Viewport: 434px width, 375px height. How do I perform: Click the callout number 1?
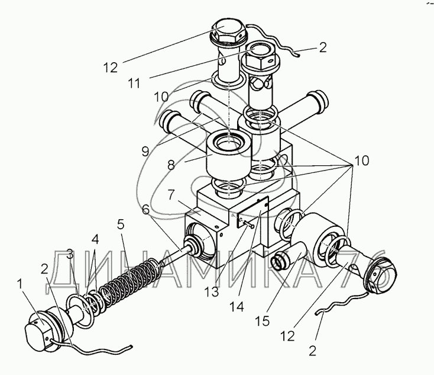coord(20,284)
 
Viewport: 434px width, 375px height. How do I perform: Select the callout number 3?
coord(70,254)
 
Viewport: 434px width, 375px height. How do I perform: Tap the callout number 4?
coord(95,239)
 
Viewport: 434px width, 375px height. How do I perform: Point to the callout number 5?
coord(121,224)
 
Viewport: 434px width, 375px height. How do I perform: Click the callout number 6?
coord(145,209)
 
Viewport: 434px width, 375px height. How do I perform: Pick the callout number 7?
coord(171,195)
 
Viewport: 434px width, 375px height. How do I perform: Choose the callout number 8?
coord(171,166)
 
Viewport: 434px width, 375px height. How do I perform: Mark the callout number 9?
coord(145,151)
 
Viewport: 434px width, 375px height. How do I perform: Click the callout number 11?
coord(134,83)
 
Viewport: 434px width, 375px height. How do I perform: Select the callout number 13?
coord(212,292)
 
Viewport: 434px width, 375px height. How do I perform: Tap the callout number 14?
coord(237,306)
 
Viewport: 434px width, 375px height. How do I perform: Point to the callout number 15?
coord(262,321)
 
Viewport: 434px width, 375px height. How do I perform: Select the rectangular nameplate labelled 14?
coord(253,211)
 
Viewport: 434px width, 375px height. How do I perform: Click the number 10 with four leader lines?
coord(361,161)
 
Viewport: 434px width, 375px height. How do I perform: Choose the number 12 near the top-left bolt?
coord(111,68)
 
